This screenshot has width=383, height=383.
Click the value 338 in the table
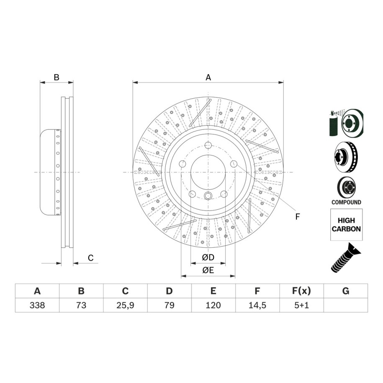[x=37, y=305]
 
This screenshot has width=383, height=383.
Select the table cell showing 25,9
[x=125, y=305]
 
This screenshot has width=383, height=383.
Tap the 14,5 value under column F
[x=257, y=305]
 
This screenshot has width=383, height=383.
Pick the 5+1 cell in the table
[x=301, y=305]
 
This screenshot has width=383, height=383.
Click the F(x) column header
[x=301, y=291]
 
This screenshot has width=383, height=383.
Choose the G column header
[x=346, y=291]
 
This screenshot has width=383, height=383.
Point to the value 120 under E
[x=213, y=305]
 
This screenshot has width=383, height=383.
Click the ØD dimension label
[x=208, y=257]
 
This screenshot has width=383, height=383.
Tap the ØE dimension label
[x=208, y=270]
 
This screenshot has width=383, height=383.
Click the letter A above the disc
[x=208, y=77]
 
